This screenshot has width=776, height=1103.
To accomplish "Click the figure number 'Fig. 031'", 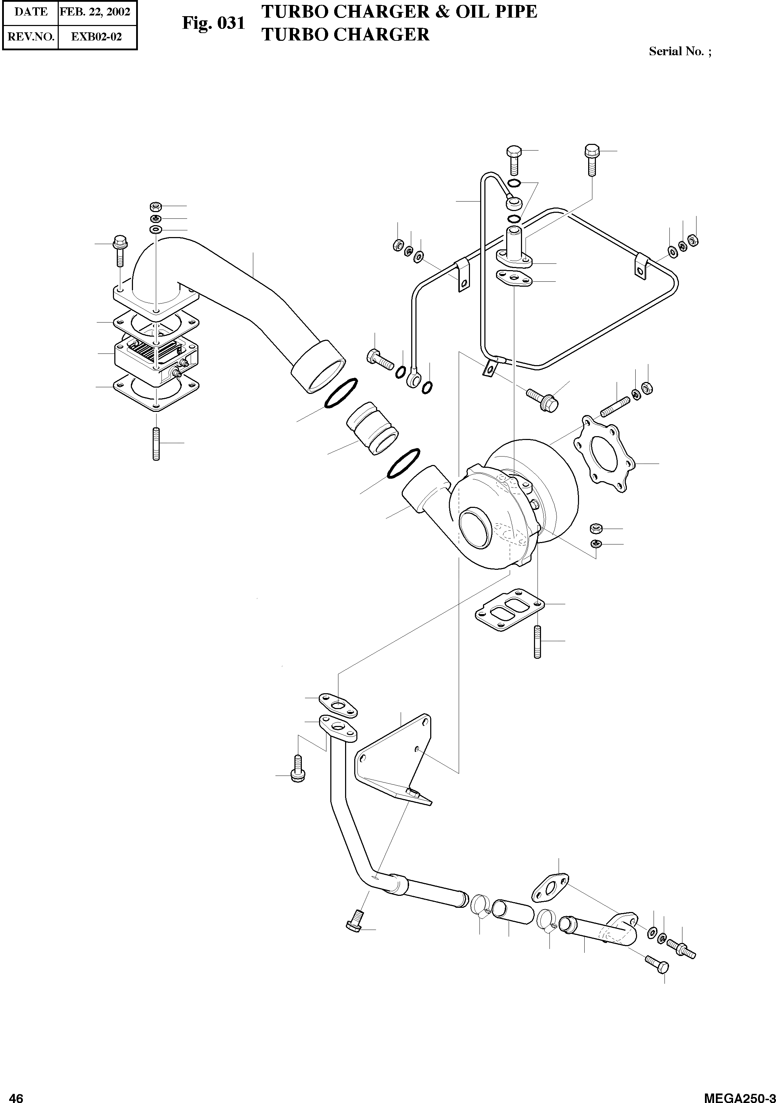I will (x=213, y=23).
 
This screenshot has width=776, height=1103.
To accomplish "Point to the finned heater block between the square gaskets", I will (x=155, y=358).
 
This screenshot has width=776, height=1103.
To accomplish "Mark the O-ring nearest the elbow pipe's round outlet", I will (x=341, y=393).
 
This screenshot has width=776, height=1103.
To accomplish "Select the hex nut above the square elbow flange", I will (x=155, y=206).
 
